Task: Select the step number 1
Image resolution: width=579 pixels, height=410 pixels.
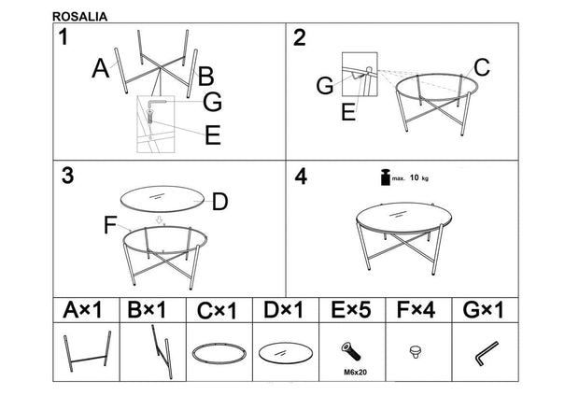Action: coord(63,37)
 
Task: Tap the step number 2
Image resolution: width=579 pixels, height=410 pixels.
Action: coord(300,37)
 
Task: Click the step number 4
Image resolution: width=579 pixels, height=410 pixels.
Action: coord(300,176)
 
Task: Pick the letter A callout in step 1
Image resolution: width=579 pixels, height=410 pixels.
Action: coord(102,68)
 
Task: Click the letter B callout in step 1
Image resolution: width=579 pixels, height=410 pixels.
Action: coord(206,76)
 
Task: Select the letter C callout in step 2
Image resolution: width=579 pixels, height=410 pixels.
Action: coord(481,67)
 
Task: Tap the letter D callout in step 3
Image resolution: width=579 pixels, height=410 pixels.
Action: coord(220,201)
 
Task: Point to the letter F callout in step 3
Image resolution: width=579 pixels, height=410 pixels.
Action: coord(110,224)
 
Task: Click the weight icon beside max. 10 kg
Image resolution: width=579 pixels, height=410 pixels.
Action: coord(382,177)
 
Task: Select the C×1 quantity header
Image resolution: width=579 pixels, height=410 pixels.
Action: coord(218,309)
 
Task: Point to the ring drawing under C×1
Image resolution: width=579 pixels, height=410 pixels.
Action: coord(219,354)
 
